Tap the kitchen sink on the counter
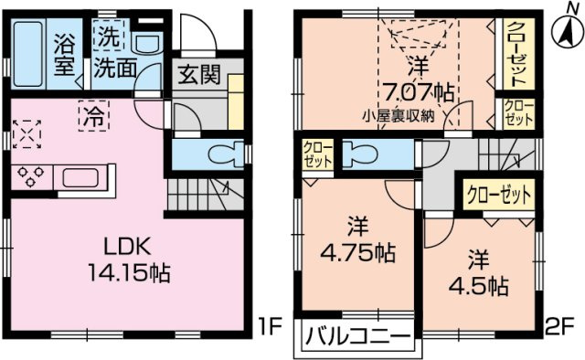(86, 174)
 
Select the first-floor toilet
(220, 153)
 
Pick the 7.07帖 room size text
(417, 90)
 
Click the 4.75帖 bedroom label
(353, 238)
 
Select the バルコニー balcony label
(352, 335)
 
